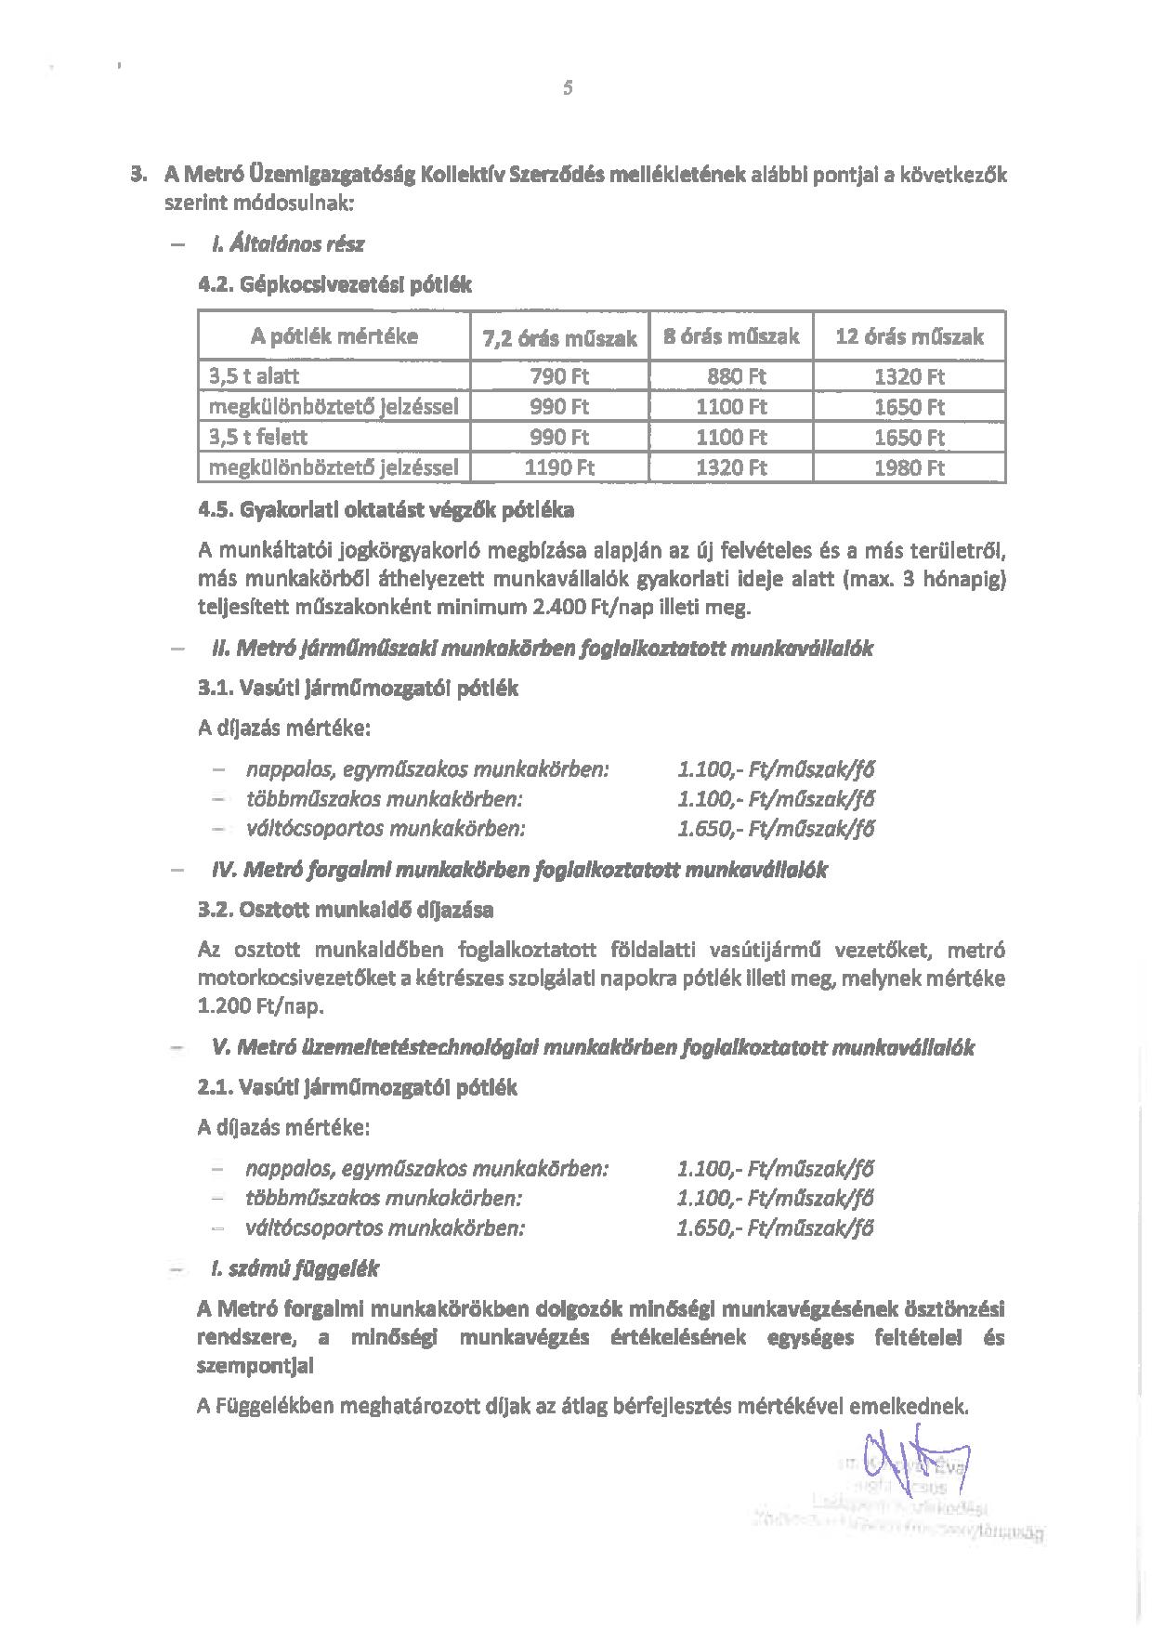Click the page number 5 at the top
click(568, 88)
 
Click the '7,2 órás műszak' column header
click(559, 338)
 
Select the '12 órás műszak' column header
click(909, 336)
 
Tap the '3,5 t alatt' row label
click(254, 376)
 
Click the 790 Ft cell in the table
click(559, 376)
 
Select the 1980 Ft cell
click(909, 467)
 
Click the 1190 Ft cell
click(559, 467)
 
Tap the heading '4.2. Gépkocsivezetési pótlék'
click(335, 285)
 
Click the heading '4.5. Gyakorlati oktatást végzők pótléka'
click(386, 510)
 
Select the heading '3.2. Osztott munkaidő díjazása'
click(346, 909)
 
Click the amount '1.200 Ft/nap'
click(261, 1006)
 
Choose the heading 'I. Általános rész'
click(288, 244)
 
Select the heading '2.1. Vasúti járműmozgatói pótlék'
click(358, 1087)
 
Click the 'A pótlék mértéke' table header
click(334, 336)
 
